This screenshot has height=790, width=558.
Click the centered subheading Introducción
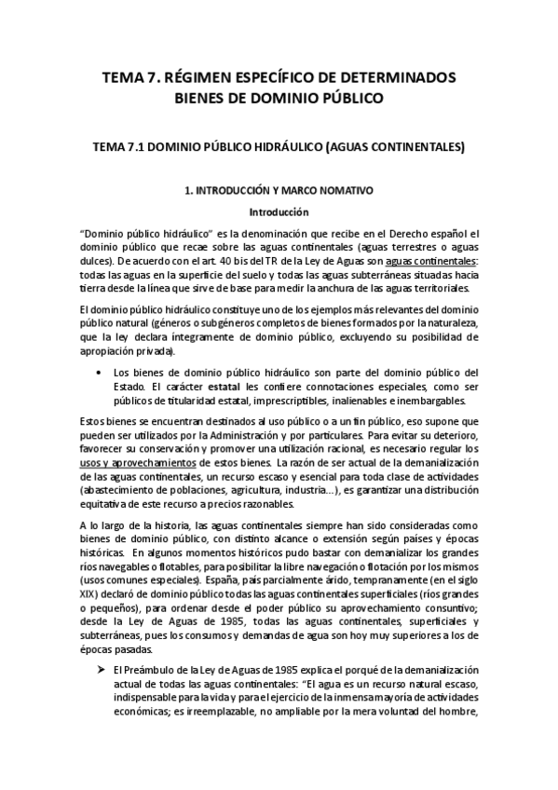click(x=279, y=211)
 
